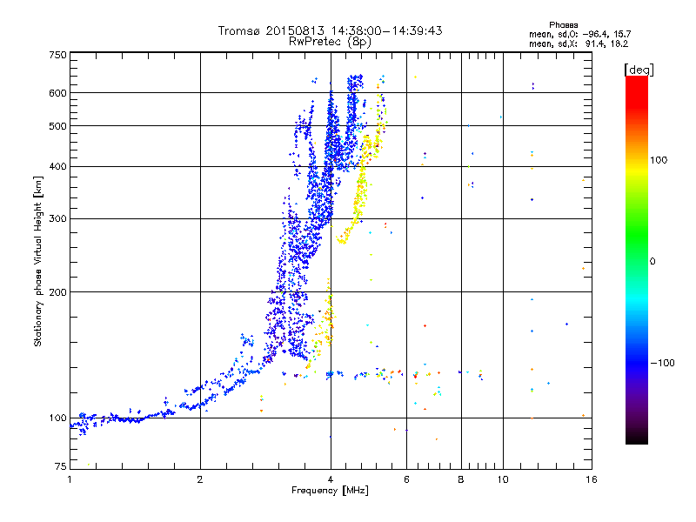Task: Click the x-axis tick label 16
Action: coord(592,479)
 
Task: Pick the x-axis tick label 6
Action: coord(406,479)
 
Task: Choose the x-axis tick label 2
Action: coord(200,479)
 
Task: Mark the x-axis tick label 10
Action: coord(502,479)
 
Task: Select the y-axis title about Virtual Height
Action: coord(38,261)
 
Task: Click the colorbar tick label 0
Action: coord(653,262)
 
